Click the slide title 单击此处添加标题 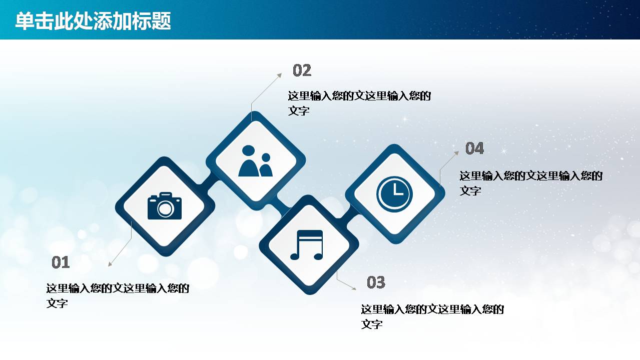[x=93, y=21]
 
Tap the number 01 [x=61, y=262]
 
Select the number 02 [x=302, y=70]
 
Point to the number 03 [x=376, y=282]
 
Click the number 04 [x=474, y=148]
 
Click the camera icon [x=165, y=206]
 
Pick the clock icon [x=395, y=193]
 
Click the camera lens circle [x=165, y=209]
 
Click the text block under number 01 [x=118, y=295]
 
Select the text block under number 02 [x=359, y=103]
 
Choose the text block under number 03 [x=432, y=316]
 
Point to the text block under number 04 [x=531, y=183]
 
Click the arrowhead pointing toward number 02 [x=279, y=75]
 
